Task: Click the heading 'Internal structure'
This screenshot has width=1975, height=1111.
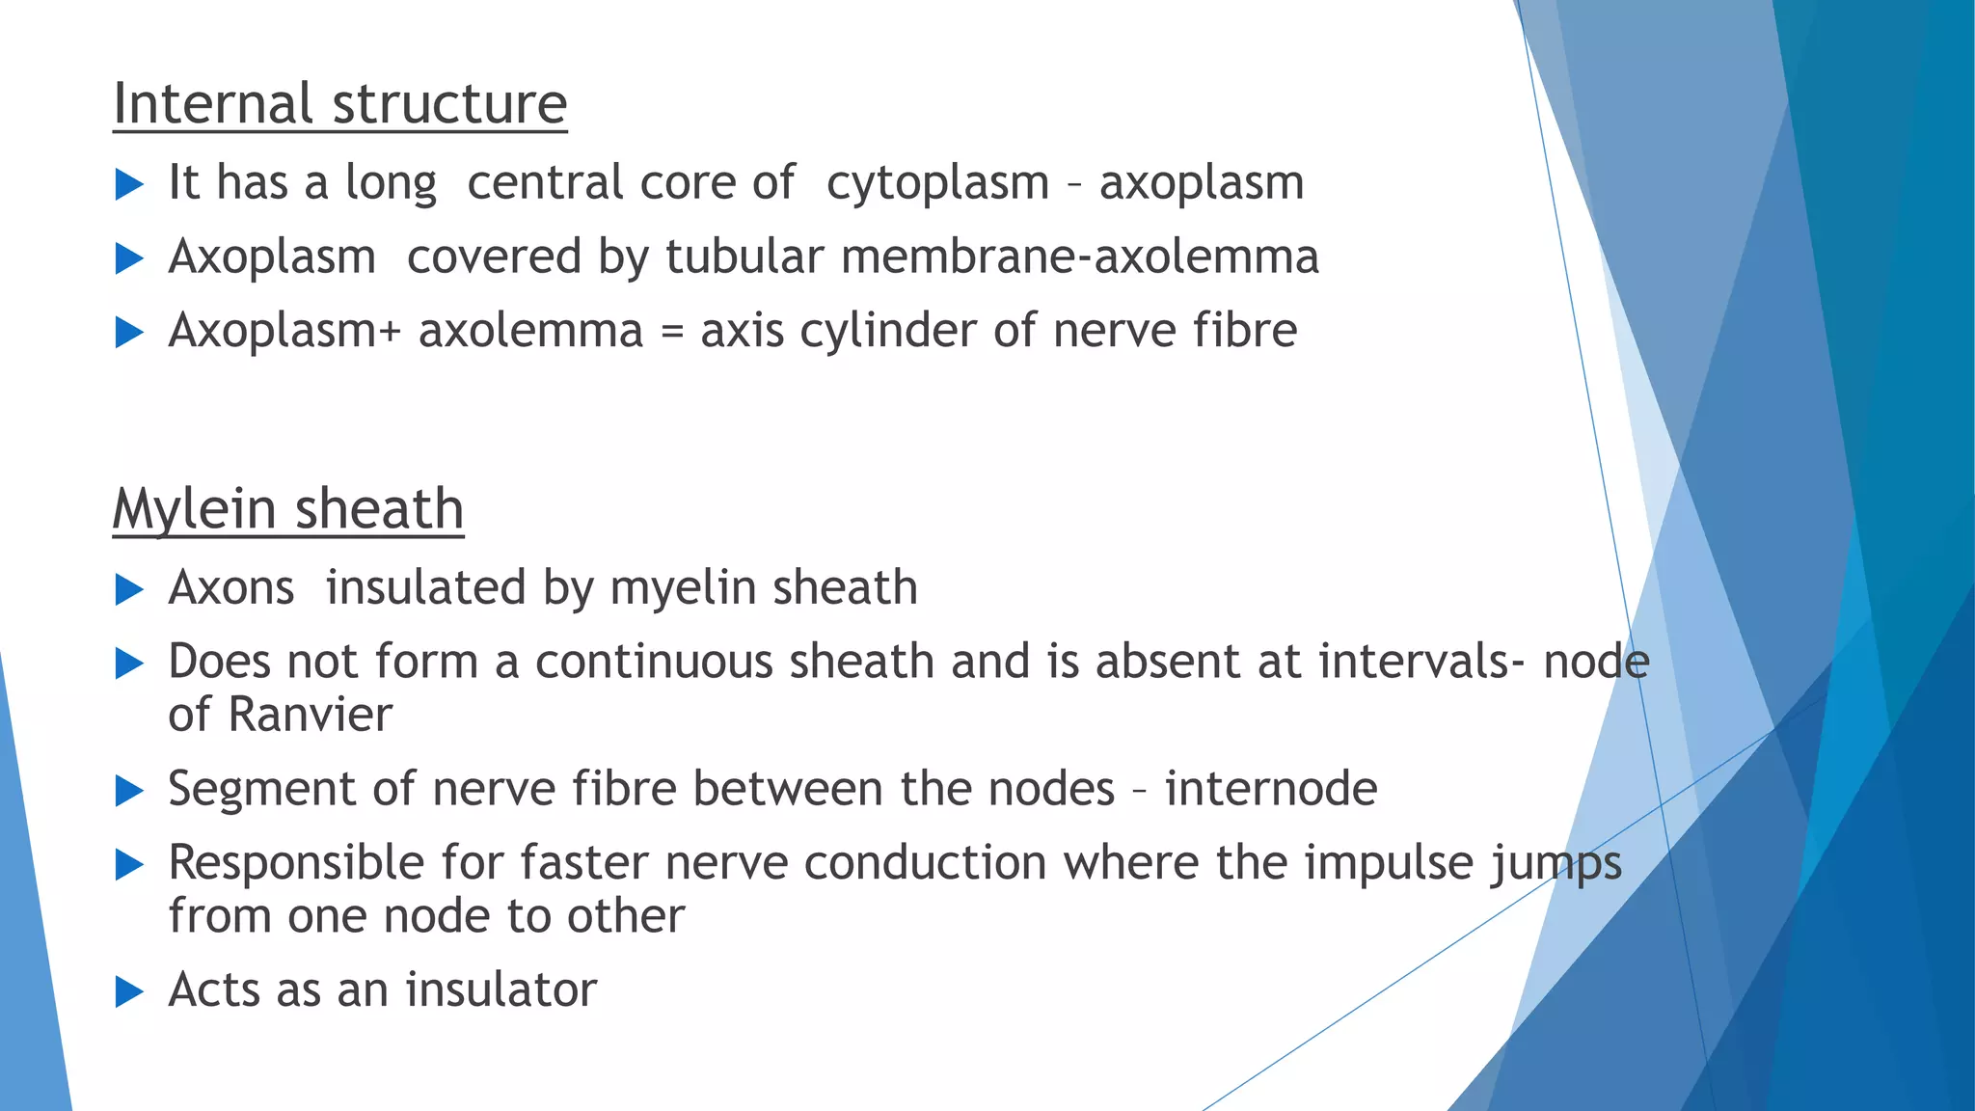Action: pyautogui.click(x=339, y=103)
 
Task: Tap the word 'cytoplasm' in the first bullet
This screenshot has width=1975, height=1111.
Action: pyautogui.click(x=937, y=183)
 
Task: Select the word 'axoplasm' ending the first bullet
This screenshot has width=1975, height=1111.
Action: pyautogui.click(x=1202, y=182)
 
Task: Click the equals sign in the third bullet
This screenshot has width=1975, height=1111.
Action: pyautogui.click(x=671, y=332)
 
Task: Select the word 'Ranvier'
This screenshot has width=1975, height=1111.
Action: pyautogui.click(x=310, y=715)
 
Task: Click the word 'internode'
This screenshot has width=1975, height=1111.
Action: pyautogui.click(x=1270, y=789)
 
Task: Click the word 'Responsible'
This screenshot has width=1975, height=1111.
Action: pyautogui.click(x=296, y=862)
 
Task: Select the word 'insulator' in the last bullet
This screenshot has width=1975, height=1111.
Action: pyautogui.click(x=501, y=989)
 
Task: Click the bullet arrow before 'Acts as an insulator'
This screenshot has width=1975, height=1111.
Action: pyautogui.click(x=129, y=991)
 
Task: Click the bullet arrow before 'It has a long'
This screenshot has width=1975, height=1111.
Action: pyautogui.click(x=129, y=184)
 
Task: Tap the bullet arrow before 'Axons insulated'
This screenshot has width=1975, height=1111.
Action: pyautogui.click(x=129, y=589)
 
